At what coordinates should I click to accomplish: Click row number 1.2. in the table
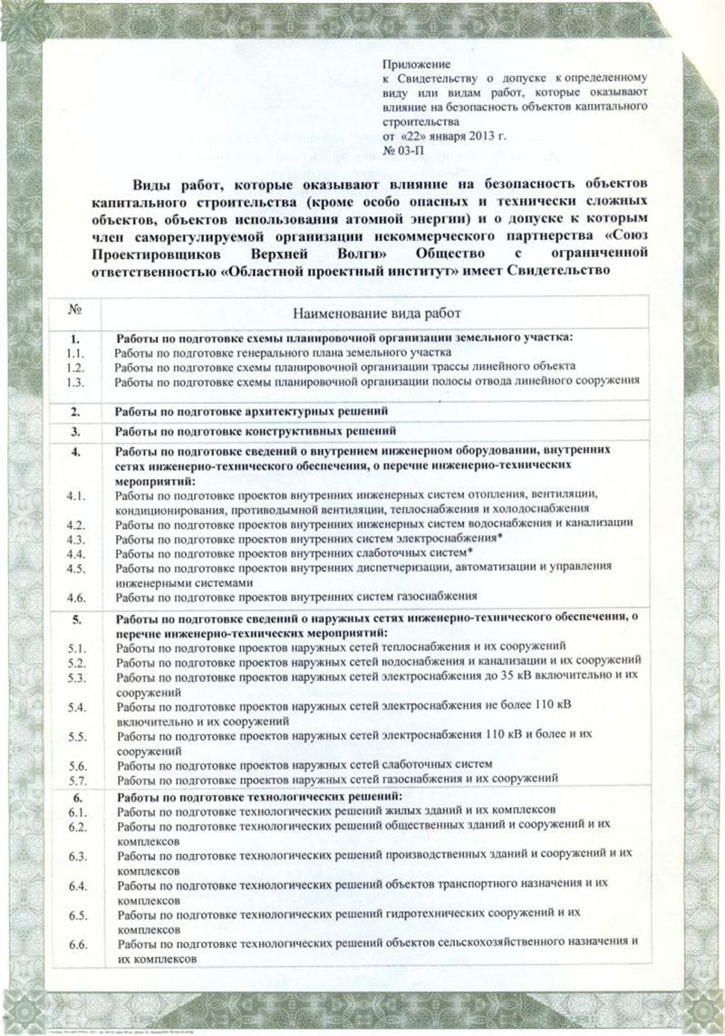click(x=76, y=367)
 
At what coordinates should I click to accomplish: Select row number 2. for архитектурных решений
click(x=77, y=411)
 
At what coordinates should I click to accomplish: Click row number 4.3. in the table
click(x=76, y=538)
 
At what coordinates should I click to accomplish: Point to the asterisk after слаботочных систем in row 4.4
click(x=471, y=551)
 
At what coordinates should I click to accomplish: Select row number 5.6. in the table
click(x=76, y=764)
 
